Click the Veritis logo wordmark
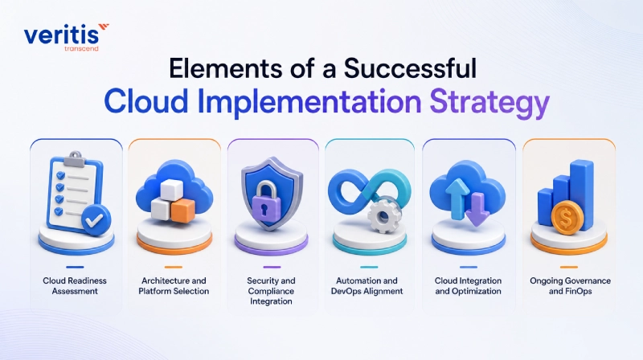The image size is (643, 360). [x=62, y=35]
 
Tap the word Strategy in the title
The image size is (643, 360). [x=489, y=102]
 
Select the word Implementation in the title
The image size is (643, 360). [x=309, y=102]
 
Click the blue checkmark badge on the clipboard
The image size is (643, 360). [x=96, y=220]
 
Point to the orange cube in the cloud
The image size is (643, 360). [x=182, y=210]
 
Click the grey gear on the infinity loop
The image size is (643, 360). [x=383, y=215]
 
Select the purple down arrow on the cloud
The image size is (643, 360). [x=477, y=210]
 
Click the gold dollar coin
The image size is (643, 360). [x=567, y=219]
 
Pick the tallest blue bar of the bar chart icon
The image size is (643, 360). [x=582, y=194]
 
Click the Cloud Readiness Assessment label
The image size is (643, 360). [x=75, y=286]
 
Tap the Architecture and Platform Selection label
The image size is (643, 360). [x=174, y=286]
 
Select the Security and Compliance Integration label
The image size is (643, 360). [x=271, y=291]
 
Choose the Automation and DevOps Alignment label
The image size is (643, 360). [x=367, y=286]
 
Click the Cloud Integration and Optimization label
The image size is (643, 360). [x=468, y=286]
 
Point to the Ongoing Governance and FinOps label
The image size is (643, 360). [x=571, y=286]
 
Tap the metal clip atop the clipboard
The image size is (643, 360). [x=75, y=158]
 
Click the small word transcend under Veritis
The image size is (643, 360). [x=82, y=48]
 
